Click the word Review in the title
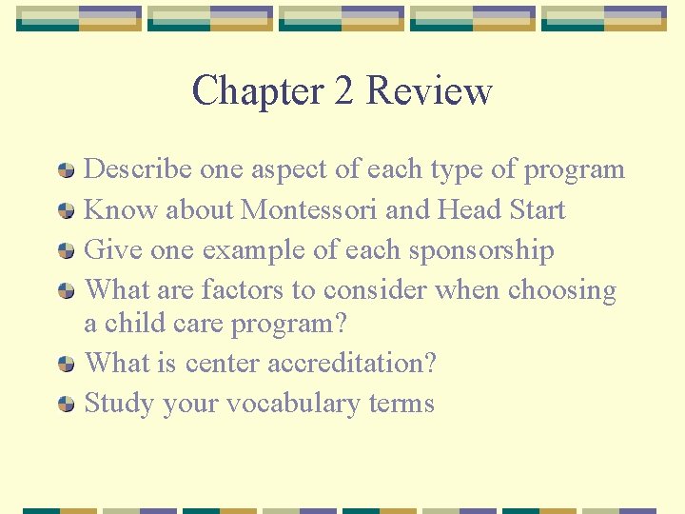pyautogui.click(x=429, y=91)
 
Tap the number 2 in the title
pyautogui.click(x=344, y=91)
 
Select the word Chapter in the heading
pyautogui.click(x=257, y=91)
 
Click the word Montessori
pyautogui.click(x=313, y=209)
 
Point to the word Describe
pyautogui.click(x=139, y=169)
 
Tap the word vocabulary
pyautogui.click(x=300, y=404)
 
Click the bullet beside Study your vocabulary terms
pyautogui.click(x=66, y=405)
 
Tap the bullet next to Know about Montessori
pyautogui.click(x=66, y=210)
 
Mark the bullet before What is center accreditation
pyautogui.click(x=66, y=364)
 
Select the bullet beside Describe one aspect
pyautogui.click(x=66, y=170)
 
